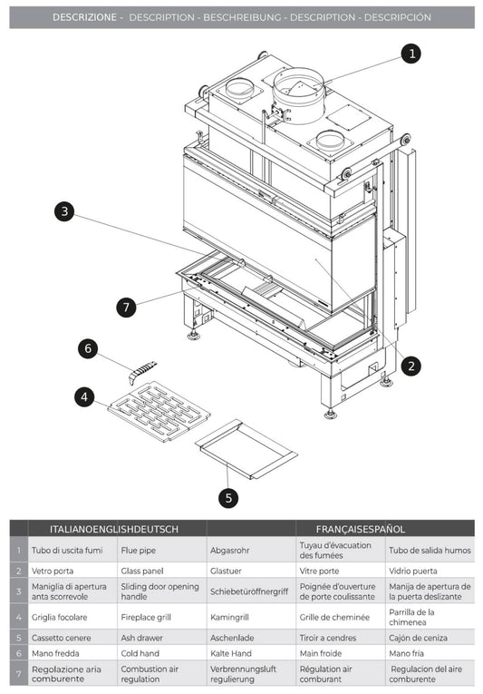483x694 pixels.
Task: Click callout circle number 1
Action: [x=411, y=54]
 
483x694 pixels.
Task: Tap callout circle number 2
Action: [x=411, y=366]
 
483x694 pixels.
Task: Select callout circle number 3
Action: [x=63, y=211]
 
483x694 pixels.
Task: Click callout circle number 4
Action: [x=84, y=396]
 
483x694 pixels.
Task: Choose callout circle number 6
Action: [x=88, y=347]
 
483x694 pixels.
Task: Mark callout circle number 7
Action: [x=127, y=307]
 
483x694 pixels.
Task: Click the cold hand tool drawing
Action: [x=142, y=372]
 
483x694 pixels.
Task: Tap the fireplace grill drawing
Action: [x=159, y=411]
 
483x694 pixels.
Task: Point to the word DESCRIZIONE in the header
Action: [x=83, y=17]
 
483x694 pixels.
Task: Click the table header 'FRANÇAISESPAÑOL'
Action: [x=361, y=528]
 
